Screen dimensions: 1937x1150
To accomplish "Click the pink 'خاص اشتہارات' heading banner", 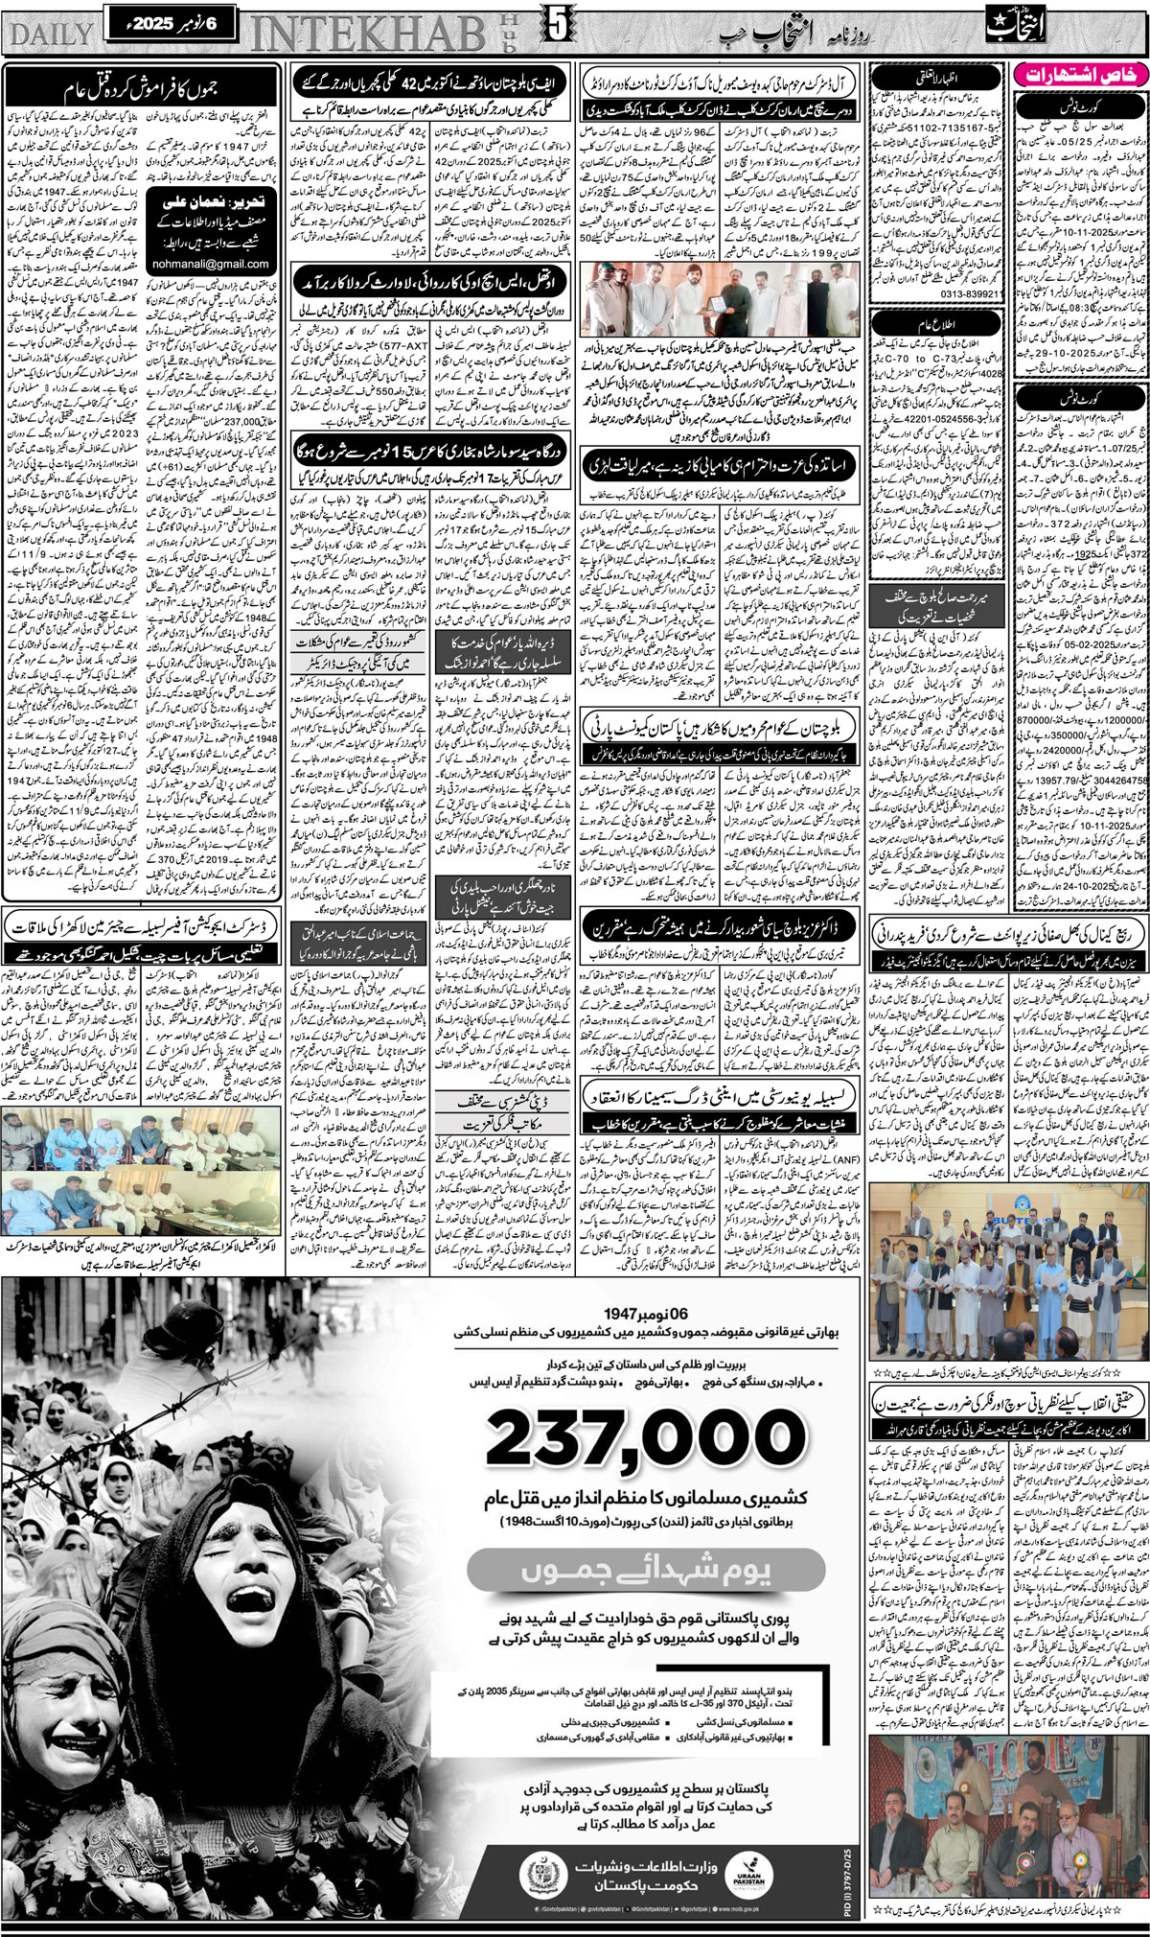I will (x=1080, y=74).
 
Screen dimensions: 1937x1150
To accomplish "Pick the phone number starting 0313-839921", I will (x=916, y=293).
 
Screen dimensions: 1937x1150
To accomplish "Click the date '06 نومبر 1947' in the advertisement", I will (x=646, y=1311).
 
